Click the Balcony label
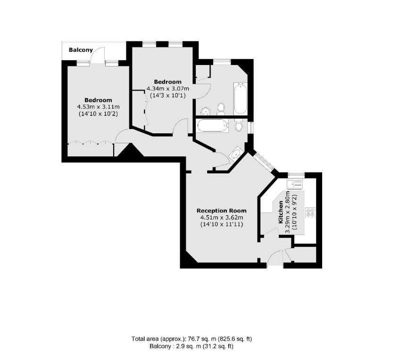click(81, 49)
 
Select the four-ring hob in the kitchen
click(311, 212)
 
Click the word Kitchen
click(281, 212)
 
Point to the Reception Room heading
click(221, 211)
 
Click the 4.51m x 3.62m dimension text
click(221, 217)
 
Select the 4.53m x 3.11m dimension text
click(98, 107)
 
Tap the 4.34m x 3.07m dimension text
click(167, 89)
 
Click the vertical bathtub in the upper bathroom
click(241, 98)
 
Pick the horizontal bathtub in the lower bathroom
click(212, 126)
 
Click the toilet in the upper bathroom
click(221, 109)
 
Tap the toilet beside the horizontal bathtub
click(239, 126)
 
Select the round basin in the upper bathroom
click(205, 111)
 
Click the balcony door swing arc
click(98, 55)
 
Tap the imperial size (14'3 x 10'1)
click(167, 95)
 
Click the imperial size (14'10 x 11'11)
click(221, 224)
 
